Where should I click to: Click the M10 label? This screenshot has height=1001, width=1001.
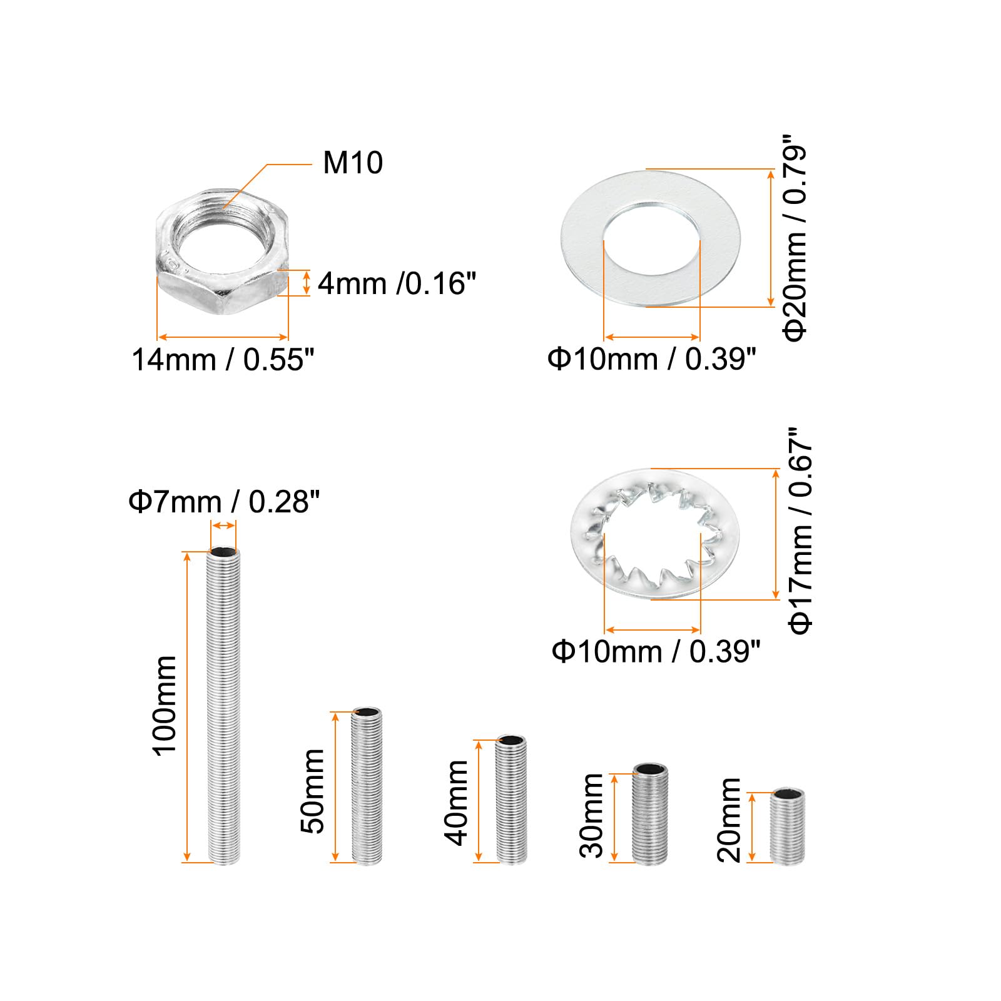click(x=353, y=163)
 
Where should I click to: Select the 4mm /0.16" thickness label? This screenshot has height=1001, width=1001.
click(x=397, y=283)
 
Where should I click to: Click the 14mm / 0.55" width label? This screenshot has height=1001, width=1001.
click(x=223, y=360)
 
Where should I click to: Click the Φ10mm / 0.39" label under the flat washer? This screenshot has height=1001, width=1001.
click(x=652, y=359)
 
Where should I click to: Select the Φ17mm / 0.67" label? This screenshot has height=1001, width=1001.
click(x=801, y=531)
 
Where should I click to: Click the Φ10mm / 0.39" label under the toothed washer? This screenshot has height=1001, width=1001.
click(x=656, y=651)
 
